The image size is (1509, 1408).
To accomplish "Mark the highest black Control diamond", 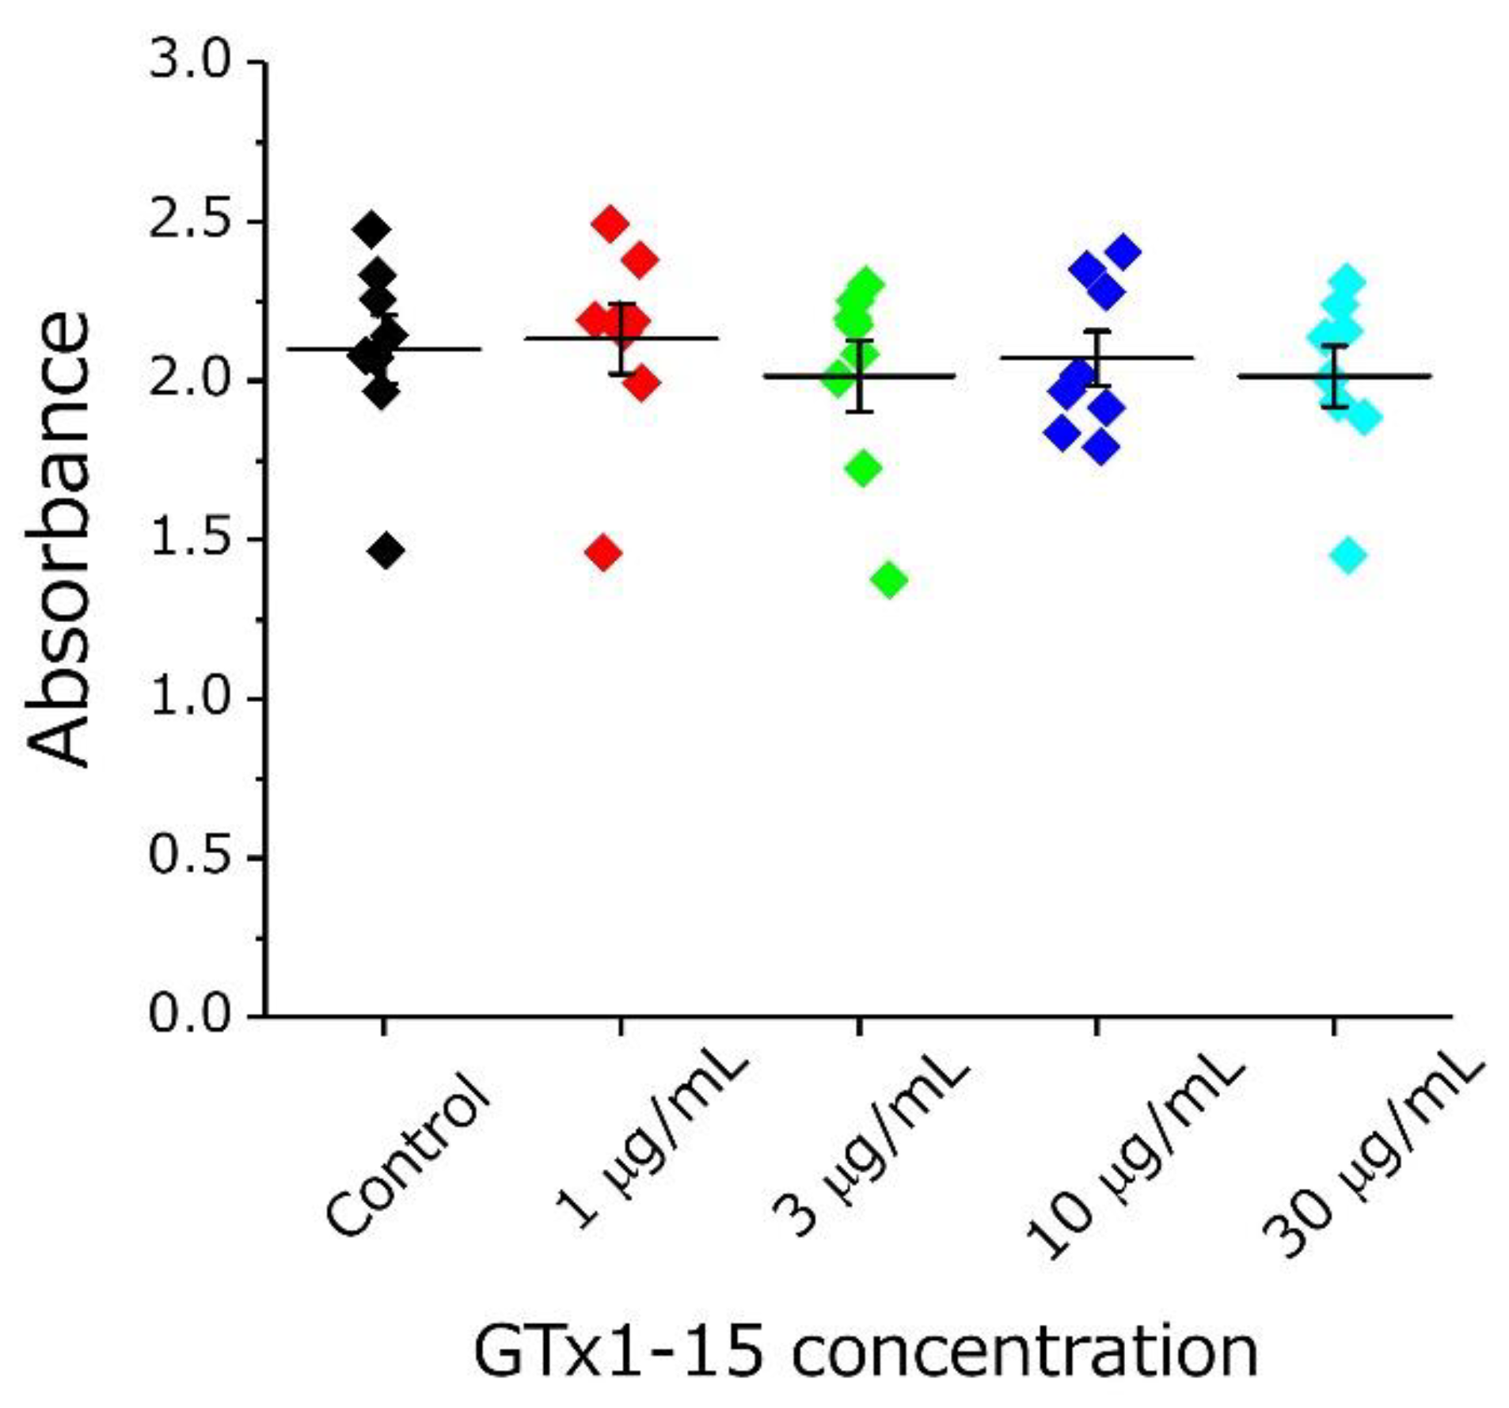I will [x=371, y=230].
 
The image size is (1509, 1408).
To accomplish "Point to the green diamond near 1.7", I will [x=863, y=468].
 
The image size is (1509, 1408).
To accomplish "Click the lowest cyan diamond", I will [x=1347, y=554].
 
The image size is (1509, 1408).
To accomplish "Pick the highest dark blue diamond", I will [x=1123, y=252].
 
